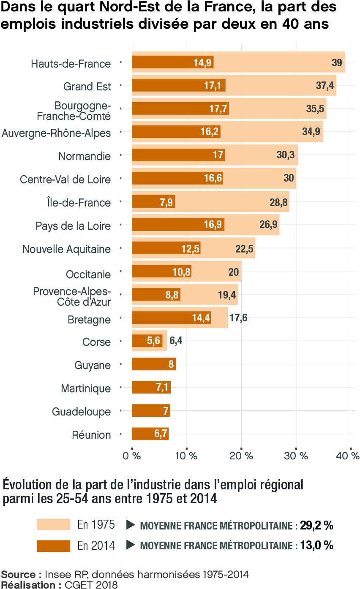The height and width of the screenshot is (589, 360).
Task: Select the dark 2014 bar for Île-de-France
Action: click(153, 202)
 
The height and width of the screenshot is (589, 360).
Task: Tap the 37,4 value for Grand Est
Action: click(325, 86)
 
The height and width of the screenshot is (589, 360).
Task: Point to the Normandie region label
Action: click(85, 156)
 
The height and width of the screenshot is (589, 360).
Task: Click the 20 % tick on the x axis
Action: click(241, 456)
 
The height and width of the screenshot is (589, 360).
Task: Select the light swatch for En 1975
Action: click(53, 524)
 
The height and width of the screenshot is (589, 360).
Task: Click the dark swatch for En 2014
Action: click(53, 546)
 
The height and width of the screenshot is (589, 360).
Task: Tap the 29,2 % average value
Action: click(316, 526)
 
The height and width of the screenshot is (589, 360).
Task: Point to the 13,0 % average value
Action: click(316, 546)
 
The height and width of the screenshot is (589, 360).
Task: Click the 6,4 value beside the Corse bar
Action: click(176, 341)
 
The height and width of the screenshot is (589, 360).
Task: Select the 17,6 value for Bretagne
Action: click(238, 318)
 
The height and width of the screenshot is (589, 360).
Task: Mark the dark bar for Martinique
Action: click(151, 387)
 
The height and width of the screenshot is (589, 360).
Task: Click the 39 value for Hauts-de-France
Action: click(337, 63)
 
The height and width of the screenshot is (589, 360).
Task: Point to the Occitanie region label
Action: click(88, 274)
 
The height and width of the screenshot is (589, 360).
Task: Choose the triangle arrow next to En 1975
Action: click(131, 525)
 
